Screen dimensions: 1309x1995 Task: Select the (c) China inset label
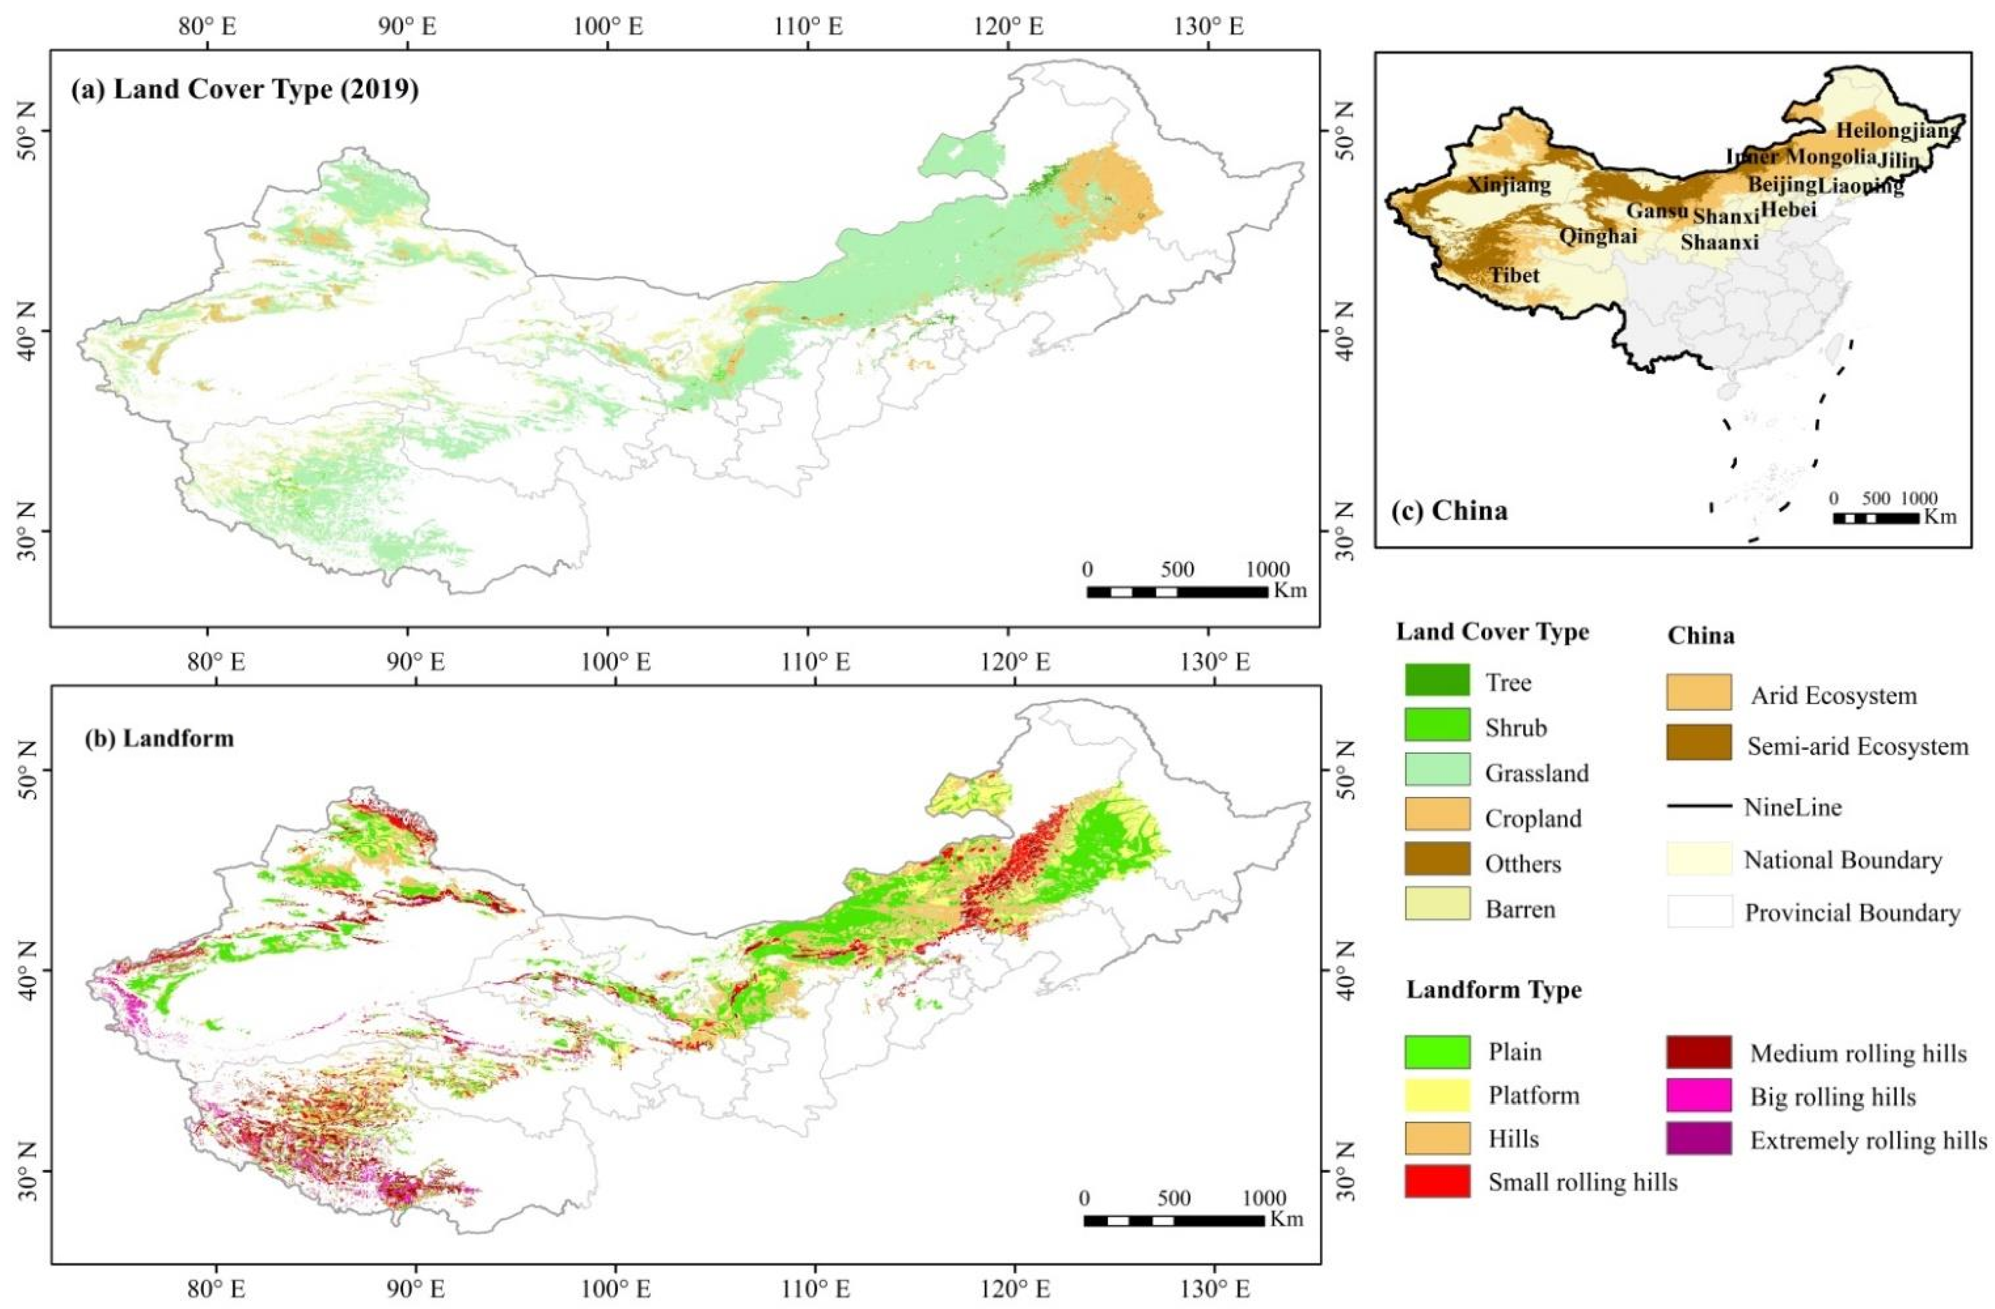pyautogui.click(x=1448, y=510)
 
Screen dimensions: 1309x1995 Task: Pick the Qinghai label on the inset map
pyautogui.click(x=1597, y=236)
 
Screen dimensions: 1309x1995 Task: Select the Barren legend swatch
pyautogui.click(x=1437, y=904)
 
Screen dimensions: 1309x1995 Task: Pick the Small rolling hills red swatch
pyautogui.click(x=1437, y=1181)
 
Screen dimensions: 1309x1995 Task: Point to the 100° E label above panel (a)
pyautogui.click(x=609, y=26)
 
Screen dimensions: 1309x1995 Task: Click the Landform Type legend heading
pyautogui.click(x=1493, y=990)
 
